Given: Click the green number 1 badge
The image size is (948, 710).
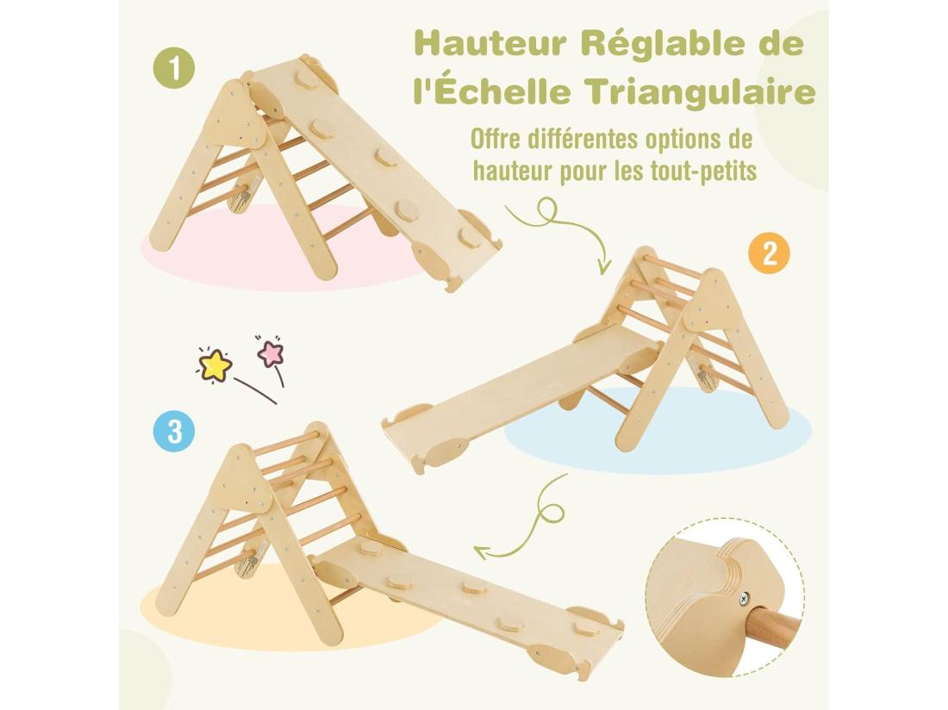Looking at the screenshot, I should coord(174,69).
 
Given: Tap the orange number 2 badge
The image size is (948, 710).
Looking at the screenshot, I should coord(769,252).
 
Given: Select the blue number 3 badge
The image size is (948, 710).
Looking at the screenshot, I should coord(174,431).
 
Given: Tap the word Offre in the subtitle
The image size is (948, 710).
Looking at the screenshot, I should coord(498,139).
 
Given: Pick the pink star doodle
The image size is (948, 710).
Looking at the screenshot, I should coord(271,352).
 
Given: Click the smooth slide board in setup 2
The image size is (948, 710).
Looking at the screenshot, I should coord(517,383).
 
